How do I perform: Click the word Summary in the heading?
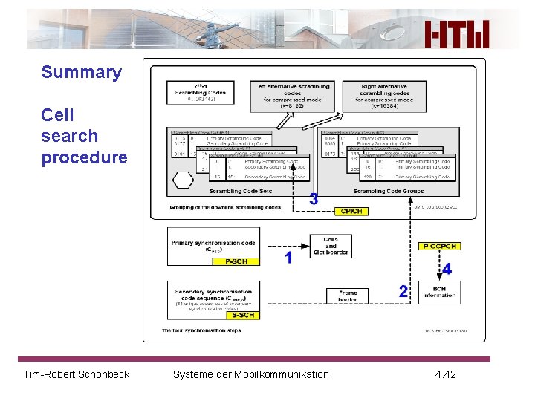tap(81, 72)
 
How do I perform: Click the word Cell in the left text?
tap(58, 115)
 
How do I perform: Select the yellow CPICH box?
tap(351, 212)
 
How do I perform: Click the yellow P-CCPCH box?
tap(439, 246)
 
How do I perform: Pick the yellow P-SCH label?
tap(236, 261)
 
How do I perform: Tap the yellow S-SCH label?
tap(243, 315)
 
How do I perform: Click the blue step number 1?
tap(289, 258)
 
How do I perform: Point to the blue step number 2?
tap(403, 292)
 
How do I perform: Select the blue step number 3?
tap(314, 199)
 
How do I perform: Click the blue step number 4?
tap(447, 269)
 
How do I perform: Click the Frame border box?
tap(347, 296)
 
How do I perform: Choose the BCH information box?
tap(439, 292)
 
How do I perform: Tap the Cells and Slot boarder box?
tap(331, 246)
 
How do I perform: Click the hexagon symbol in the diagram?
tap(183, 180)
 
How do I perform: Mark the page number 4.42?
tap(446, 374)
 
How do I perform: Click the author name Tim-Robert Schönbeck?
tap(77, 374)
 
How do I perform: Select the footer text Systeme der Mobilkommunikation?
tap(250, 374)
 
